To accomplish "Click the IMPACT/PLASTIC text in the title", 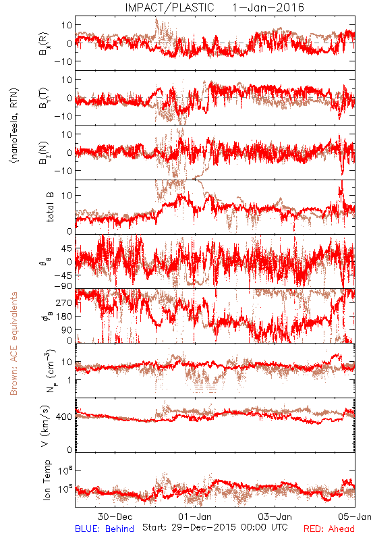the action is point(169,7).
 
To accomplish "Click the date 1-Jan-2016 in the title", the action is point(268,7).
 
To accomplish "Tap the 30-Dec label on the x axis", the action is point(115,516).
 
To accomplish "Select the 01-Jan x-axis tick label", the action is point(195,516).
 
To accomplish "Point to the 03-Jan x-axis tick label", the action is point(275,516).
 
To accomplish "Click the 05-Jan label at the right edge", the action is point(355,516).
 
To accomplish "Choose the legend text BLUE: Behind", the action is point(105,529).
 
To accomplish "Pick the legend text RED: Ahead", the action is point(329,529).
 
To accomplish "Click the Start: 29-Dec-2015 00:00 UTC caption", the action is point(215,527).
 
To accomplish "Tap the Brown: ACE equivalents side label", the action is point(13,344).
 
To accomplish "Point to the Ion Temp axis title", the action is point(47,480).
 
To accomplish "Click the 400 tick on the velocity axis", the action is point(64,417).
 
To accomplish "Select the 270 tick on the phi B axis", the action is point(64,302).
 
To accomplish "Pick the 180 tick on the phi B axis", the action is point(64,316).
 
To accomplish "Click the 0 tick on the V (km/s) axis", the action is point(69,450).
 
